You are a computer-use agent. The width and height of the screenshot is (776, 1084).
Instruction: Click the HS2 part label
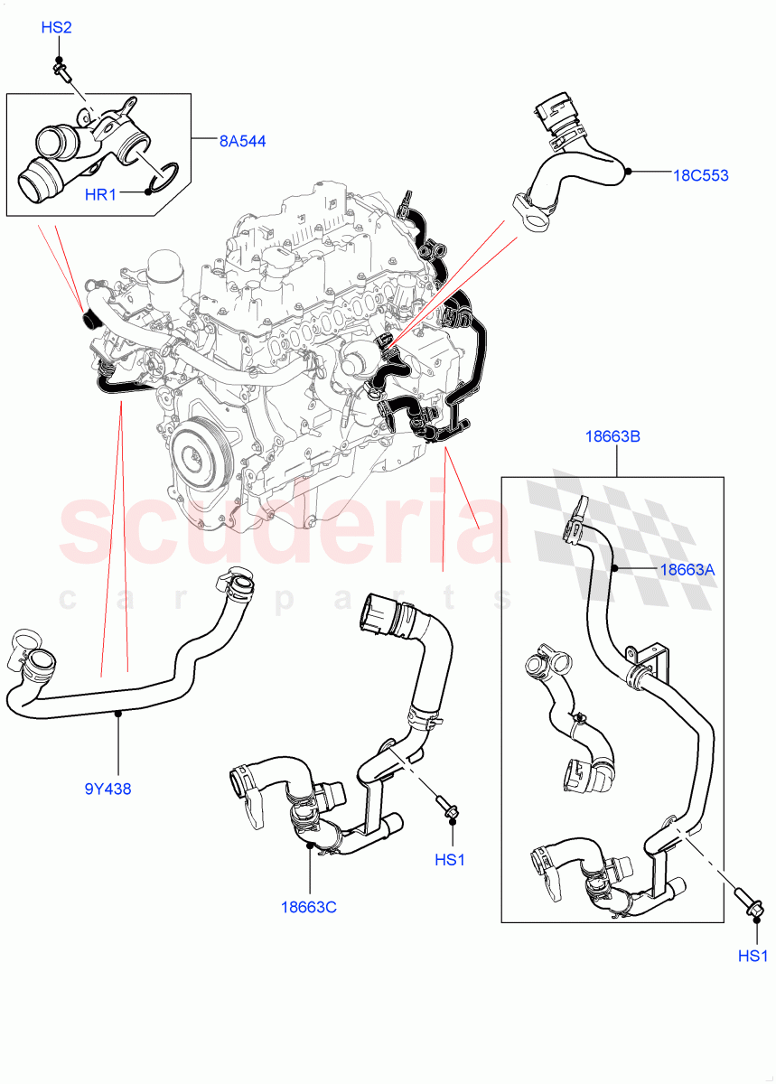[56, 28]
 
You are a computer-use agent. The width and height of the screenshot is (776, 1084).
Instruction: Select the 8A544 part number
[241, 141]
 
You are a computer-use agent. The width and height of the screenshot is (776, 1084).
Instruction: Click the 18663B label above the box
[612, 436]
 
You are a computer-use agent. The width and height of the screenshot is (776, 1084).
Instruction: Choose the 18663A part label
[688, 569]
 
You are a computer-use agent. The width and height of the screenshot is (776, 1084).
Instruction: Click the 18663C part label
[308, 906]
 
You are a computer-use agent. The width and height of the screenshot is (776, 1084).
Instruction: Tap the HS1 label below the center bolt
[449, 860]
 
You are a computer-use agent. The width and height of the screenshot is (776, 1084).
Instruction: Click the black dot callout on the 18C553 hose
[626, 170]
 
